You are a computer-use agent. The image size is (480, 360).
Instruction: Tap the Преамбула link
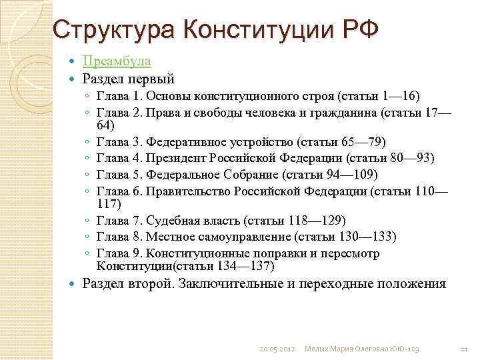(117, 61)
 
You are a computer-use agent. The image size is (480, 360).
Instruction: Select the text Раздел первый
(128, 79)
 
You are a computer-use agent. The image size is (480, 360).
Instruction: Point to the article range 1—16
(399, 96)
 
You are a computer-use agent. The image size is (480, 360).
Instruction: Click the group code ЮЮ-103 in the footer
(406, 349)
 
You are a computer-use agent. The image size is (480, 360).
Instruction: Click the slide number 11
(465, 349)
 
